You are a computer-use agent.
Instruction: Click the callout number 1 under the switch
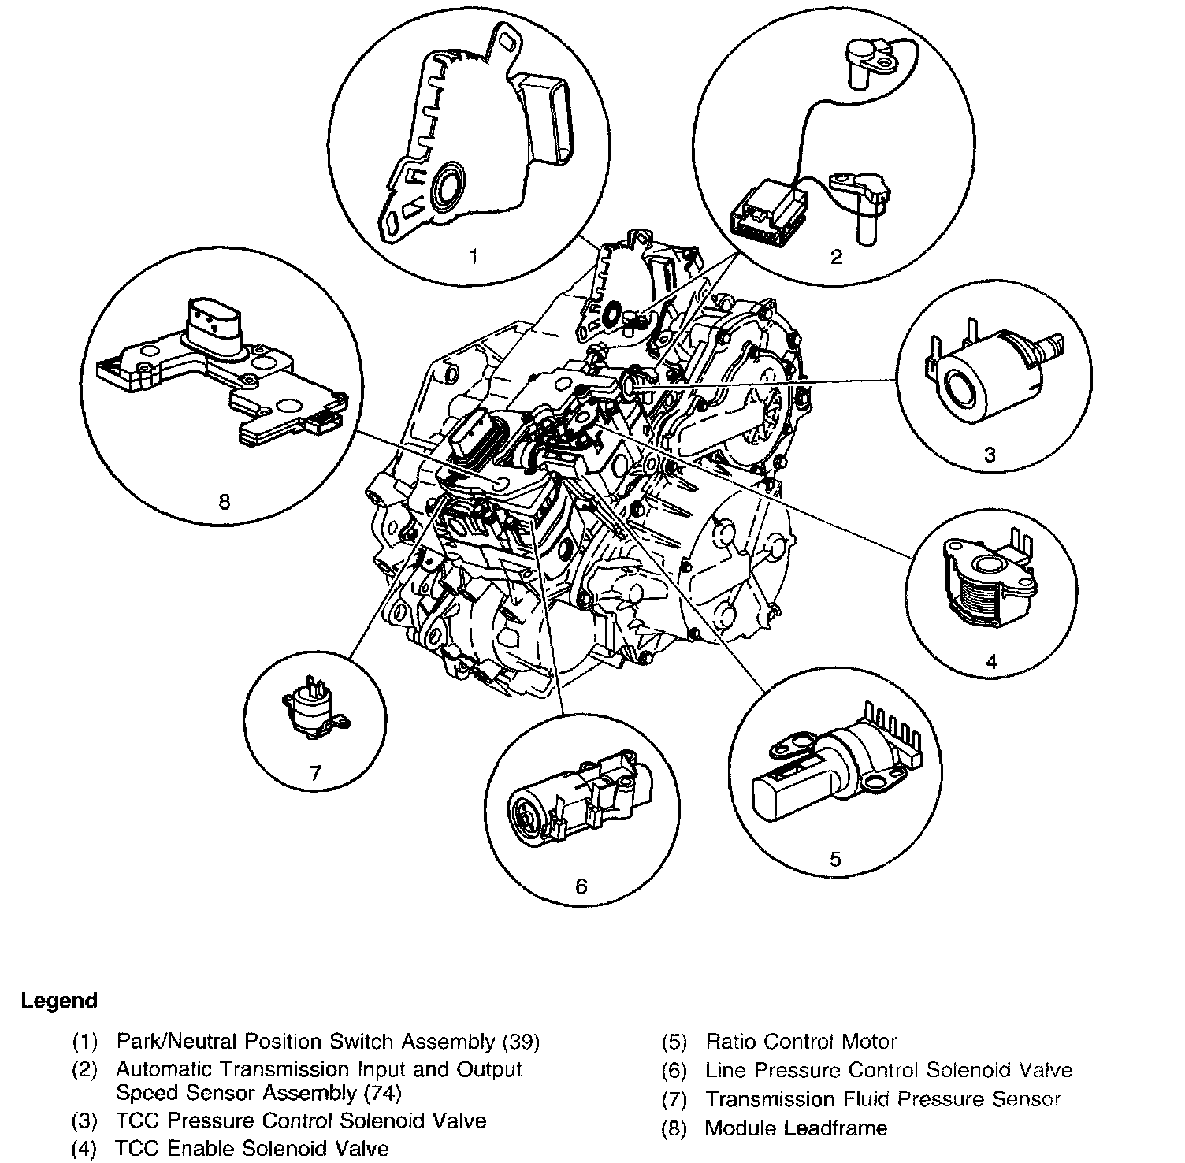tap(473, 257)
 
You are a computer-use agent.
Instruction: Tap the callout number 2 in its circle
tap(836, 257)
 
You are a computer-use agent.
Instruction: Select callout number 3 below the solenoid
tap(990, 454)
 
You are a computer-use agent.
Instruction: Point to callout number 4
tap(991, 662)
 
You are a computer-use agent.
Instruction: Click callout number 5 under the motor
tap(835, 858)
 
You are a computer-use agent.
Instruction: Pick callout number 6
tap(581, 886)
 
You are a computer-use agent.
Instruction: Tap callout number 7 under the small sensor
tap(315, 772)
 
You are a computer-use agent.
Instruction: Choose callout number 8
tap(224, 501)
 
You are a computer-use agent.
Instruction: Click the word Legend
tap(59, 1001)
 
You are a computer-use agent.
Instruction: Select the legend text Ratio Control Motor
tap(801, 1042)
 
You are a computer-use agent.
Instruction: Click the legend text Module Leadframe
tap(796, 1128)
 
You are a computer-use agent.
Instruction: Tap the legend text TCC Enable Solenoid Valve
tap(252, 1148)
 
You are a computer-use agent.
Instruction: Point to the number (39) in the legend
tap(521, 1042)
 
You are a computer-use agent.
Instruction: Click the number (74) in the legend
tap(382, 1093)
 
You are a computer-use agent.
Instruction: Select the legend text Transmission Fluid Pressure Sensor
tap(882, 1098)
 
